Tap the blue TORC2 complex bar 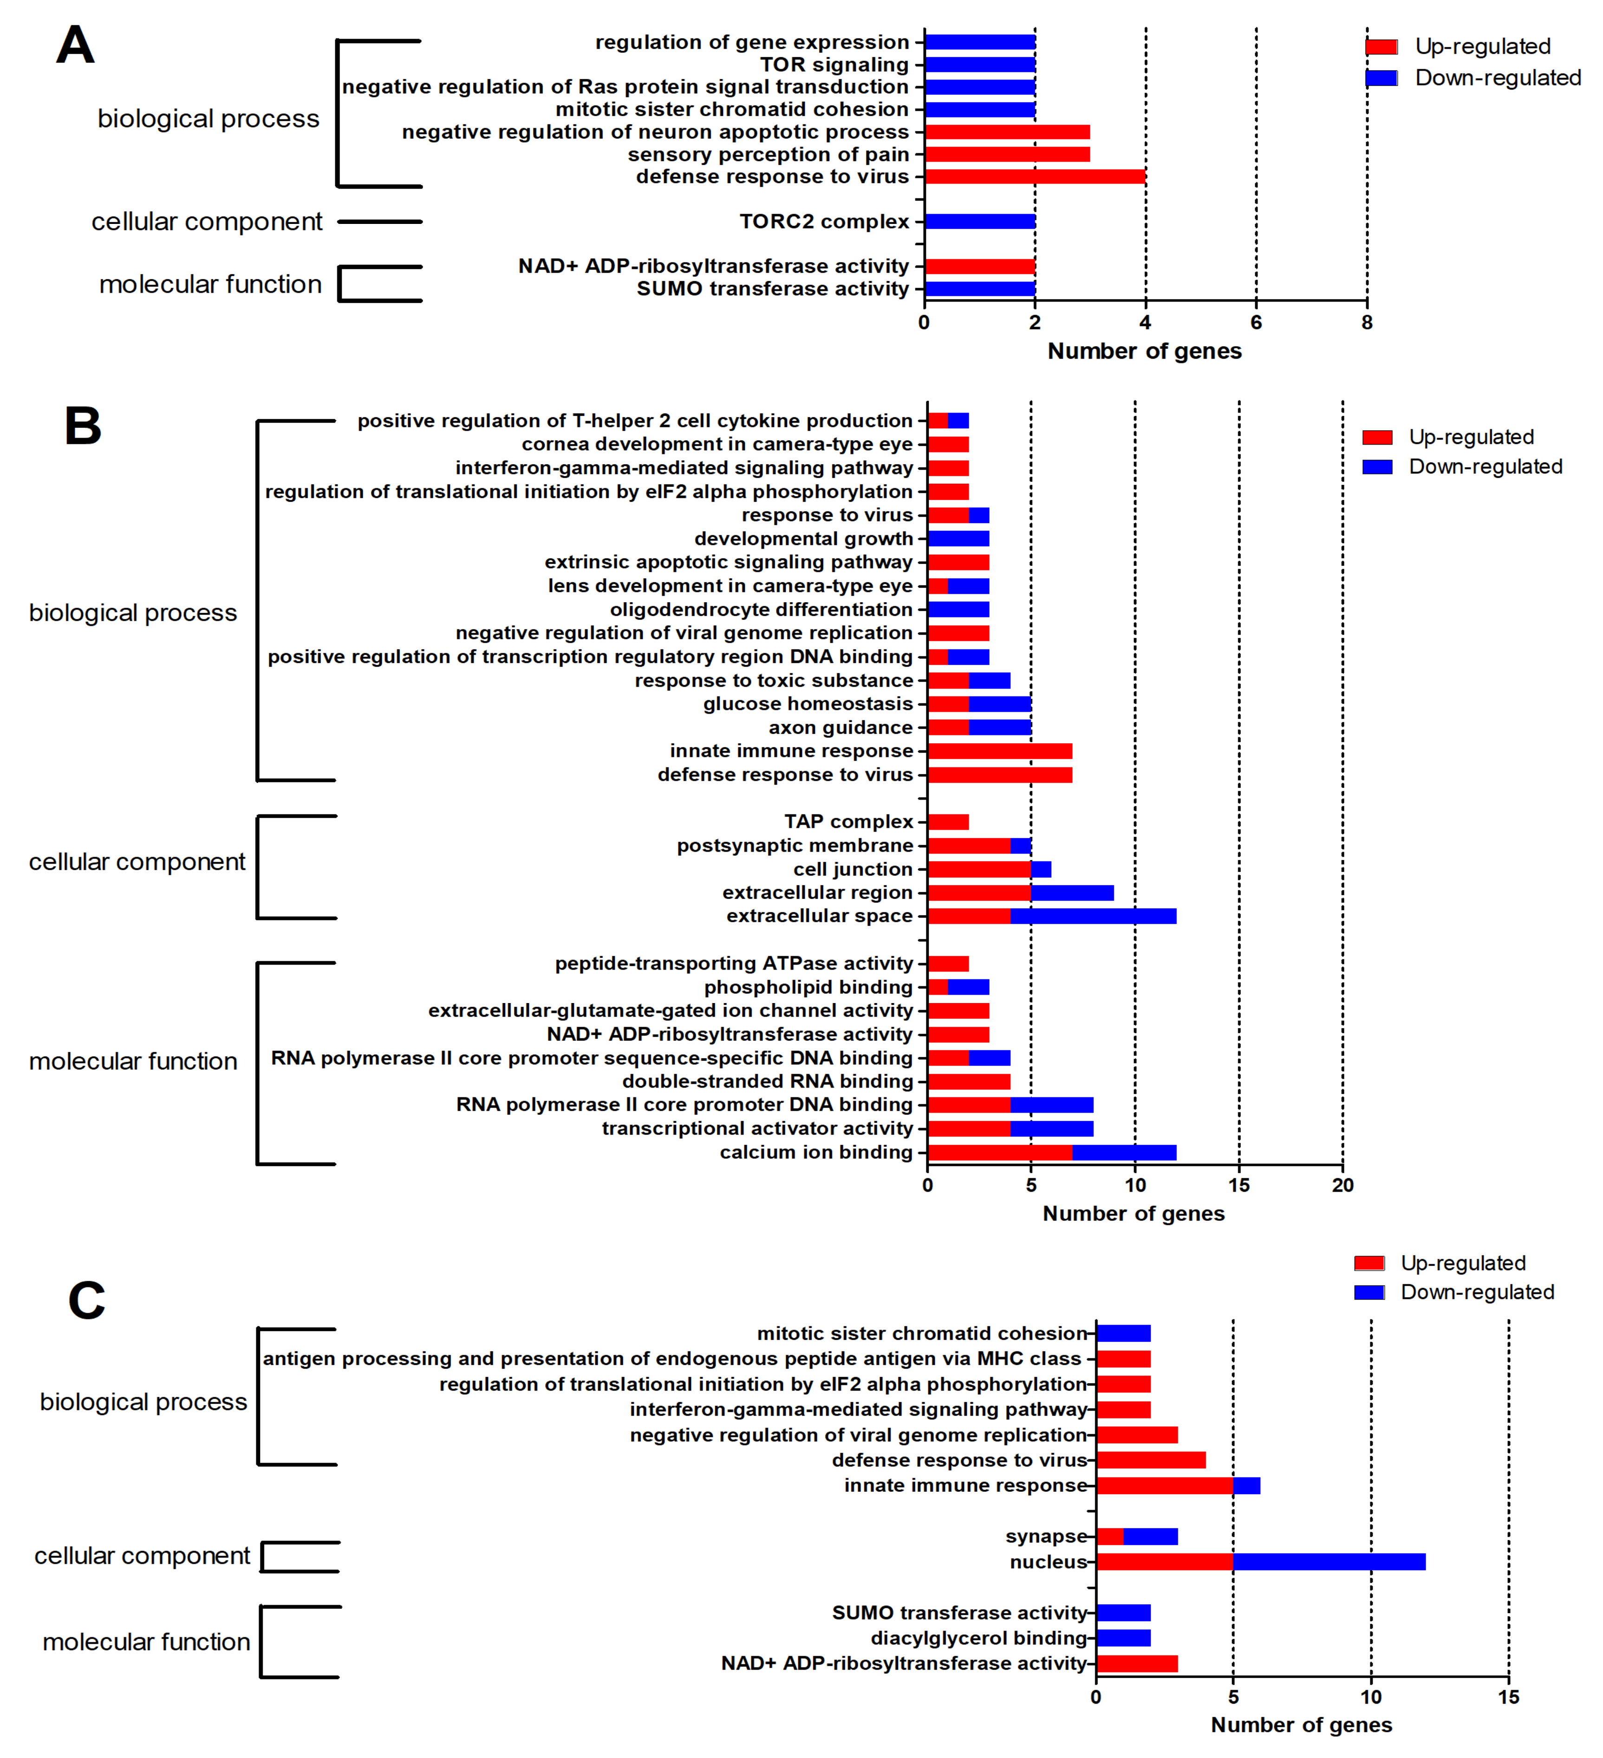[980, 222]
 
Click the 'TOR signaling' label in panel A [834, 65]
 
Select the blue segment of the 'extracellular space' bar [1093, 916]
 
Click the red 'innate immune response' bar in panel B [1000, 751]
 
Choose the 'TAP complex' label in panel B [848, 821]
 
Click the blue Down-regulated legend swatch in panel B [1377, 466]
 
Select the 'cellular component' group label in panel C [142, 1556]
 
